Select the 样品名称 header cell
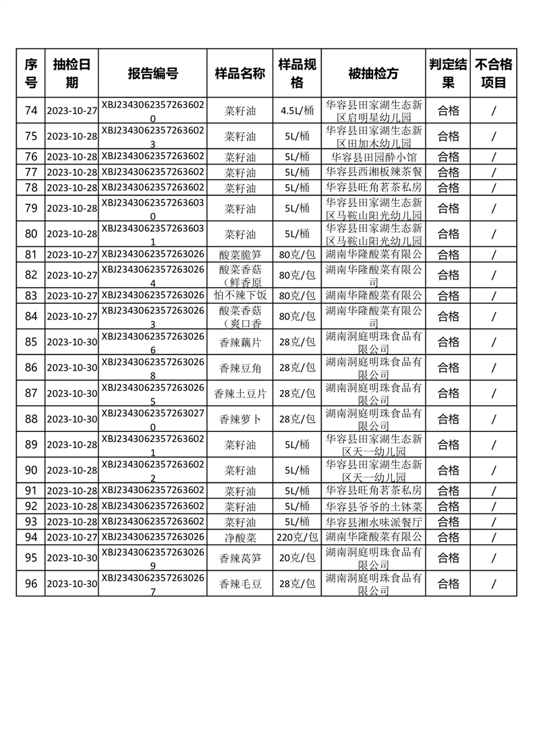coord(240,73)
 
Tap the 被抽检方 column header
coord(373,73)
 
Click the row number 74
coord(31,111)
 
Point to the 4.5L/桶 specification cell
coord(297,111)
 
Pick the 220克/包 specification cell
coord(297,537)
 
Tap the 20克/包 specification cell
coord(297,558)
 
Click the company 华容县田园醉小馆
coord(373,157)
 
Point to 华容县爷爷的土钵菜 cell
coord(373,506)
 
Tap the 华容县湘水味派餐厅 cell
coord(373,522)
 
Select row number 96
coord(31,584)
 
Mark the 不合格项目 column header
coord(494,73)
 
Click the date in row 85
coord(72,342)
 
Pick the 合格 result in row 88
coord(449,419)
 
